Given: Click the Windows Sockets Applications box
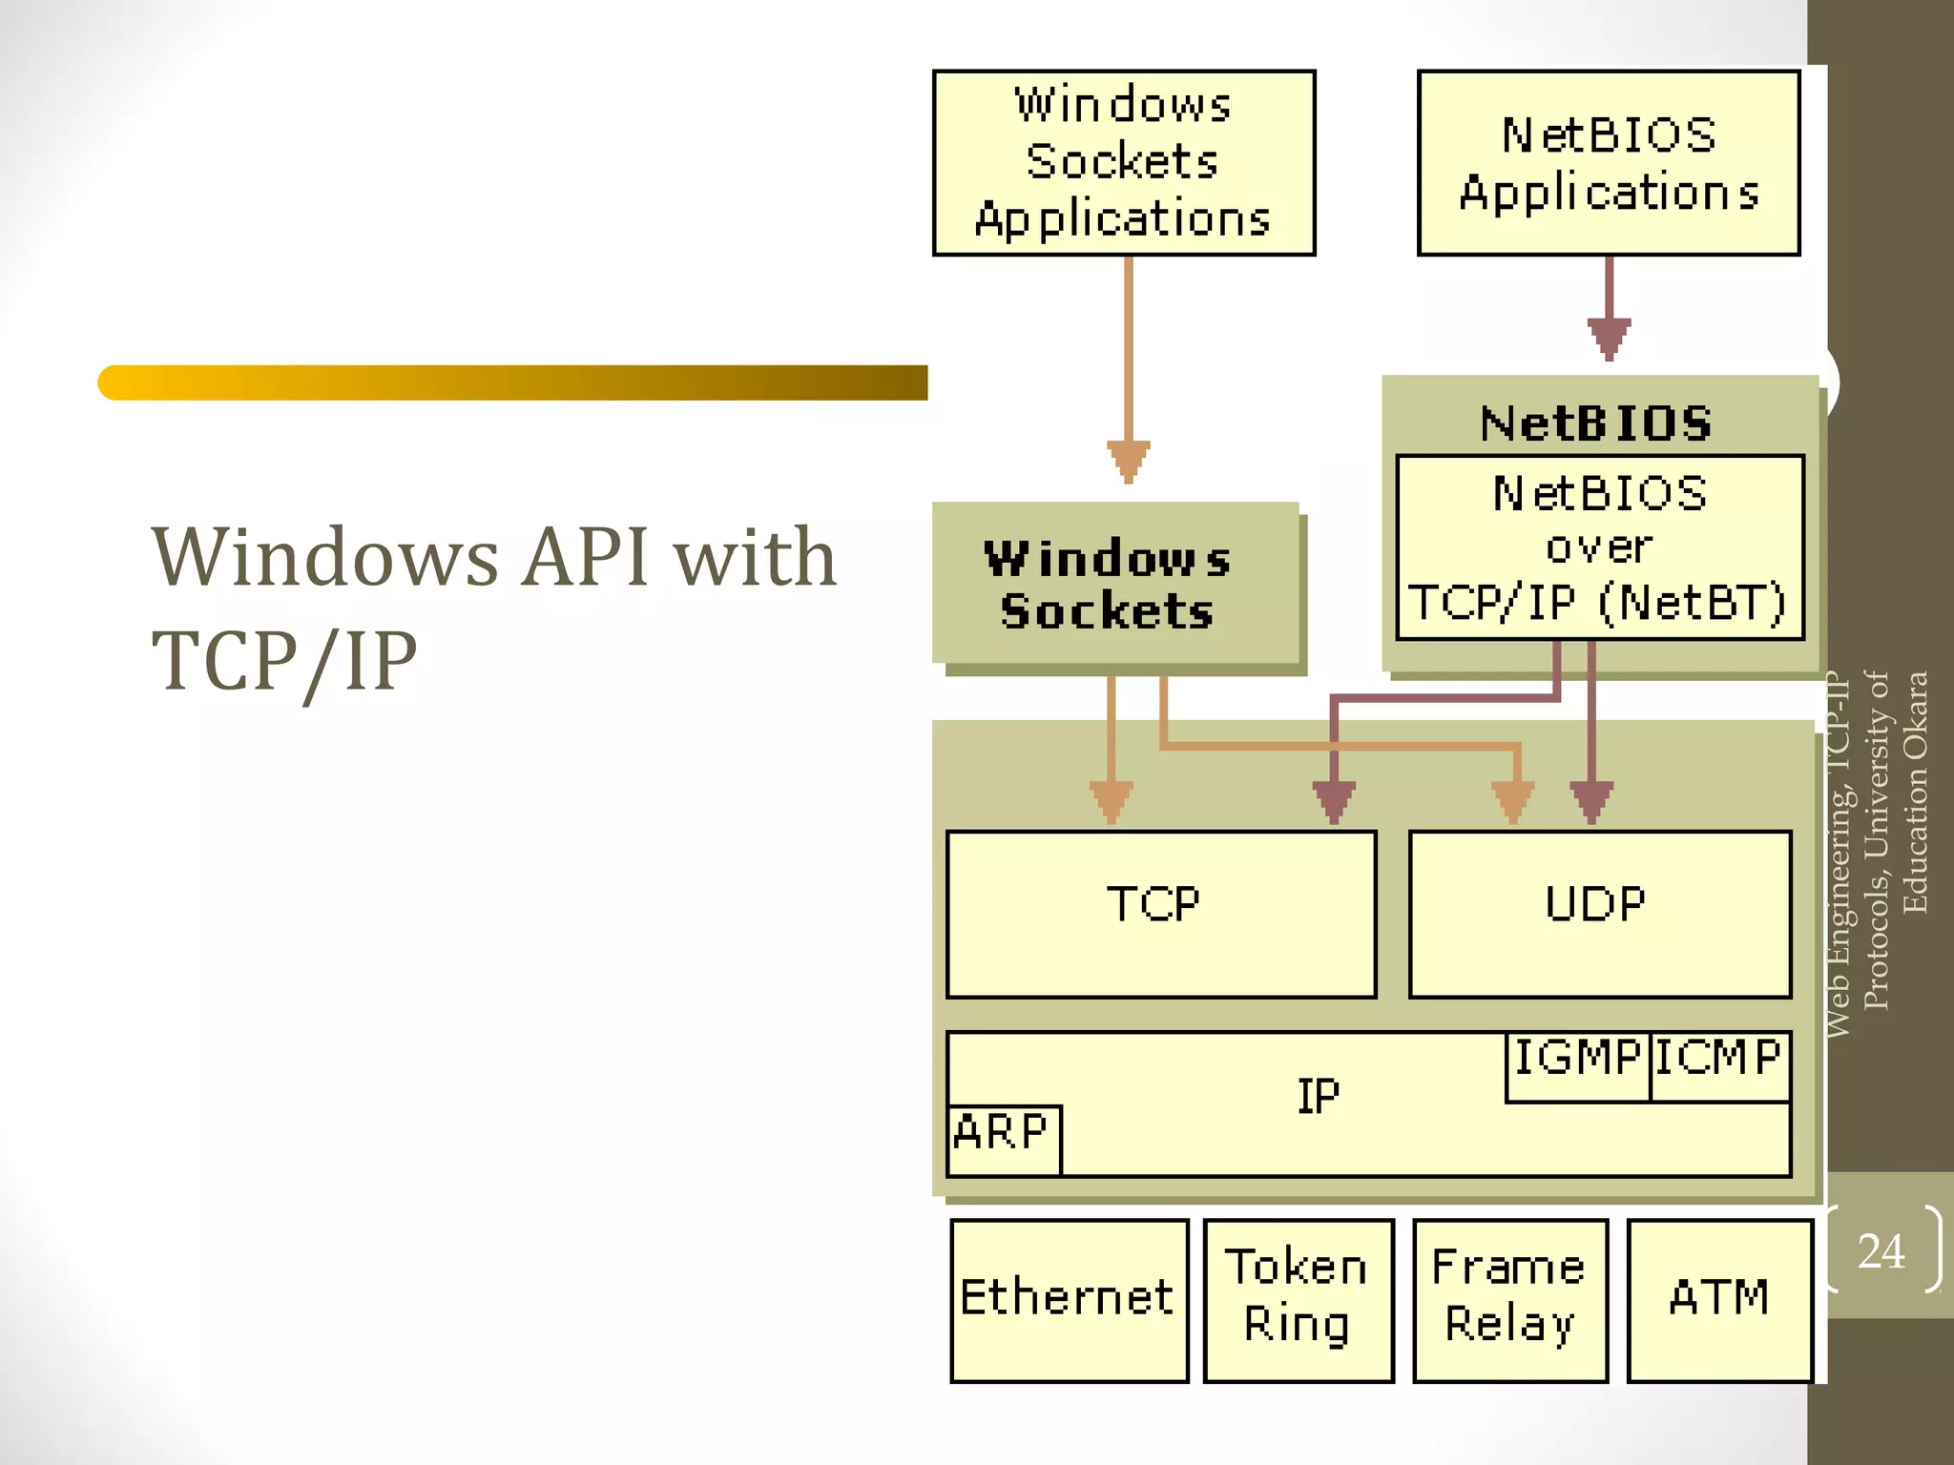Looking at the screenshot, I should (x=1123, y=162).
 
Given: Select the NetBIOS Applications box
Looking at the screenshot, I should (x=1608, y=163).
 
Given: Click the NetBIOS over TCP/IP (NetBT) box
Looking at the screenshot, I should (x=1599, y=547).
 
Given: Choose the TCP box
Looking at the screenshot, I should (x=1160, y=914).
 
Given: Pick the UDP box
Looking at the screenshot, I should (x=1599, y=914).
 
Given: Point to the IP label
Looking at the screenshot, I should (x=1318, y=1097).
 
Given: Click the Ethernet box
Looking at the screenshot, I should (x=1069, y=1299).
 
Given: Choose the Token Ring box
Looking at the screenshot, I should (x=1298, y=1299).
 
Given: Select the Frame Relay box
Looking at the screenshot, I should (x=1509, y=1299).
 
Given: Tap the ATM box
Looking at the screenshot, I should (x=1718, y=1299).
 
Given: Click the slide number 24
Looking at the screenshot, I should (x=1881, y=1251).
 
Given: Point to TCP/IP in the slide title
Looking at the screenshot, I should (x=284, y=661).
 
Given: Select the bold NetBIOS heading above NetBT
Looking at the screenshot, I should (x=1596, y=423).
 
